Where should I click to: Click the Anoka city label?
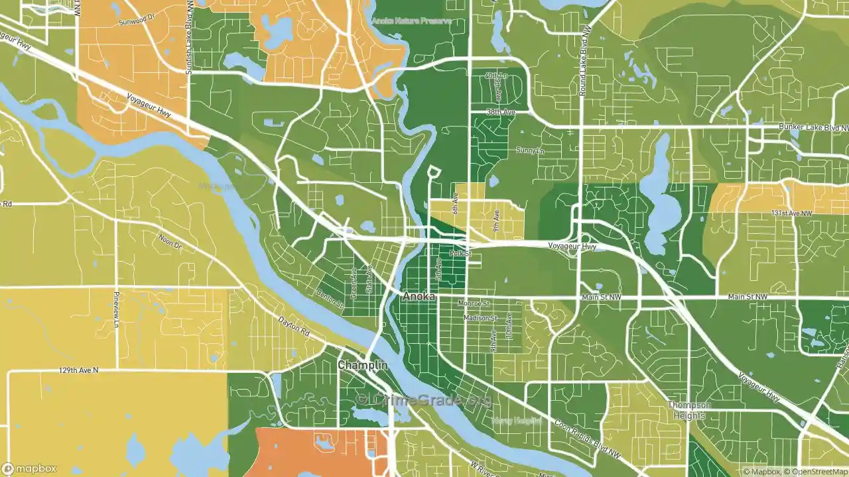[x=419, y=297]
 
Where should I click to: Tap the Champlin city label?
[x=362, y=366]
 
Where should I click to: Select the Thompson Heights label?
[x=689, y=411]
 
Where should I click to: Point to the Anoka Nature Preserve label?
[x=411, y=21]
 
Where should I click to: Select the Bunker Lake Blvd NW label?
[x=813, y=127]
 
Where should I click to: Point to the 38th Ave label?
[x=501, y=113]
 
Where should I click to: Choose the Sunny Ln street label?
[x=530, y=150]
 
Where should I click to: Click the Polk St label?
[x=460, y=254]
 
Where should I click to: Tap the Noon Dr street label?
[x=170, y=241]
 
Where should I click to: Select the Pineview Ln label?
[x=117, y=309]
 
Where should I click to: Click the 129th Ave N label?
[x=78, y=370]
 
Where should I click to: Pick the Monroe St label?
[x=474, y=303]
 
